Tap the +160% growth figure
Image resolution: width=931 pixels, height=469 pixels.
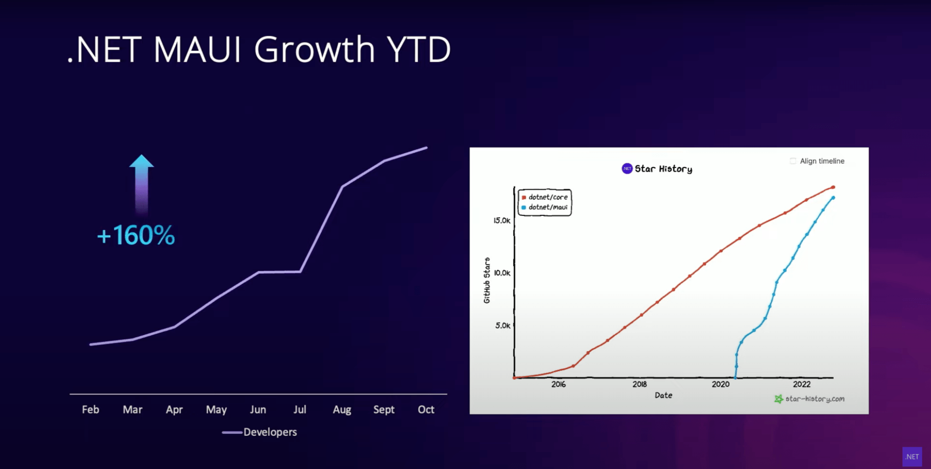click(x=136, y=235)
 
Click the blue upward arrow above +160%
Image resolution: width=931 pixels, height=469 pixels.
click(x=141, y=183)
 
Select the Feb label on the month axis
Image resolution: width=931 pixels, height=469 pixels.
click(x=90, y=409)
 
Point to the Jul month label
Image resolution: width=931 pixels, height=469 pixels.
click(x=299, y=409)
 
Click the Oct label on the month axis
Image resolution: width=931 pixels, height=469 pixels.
click(x=426, y=409)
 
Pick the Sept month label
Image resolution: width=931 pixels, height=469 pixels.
click(x=383, y=409)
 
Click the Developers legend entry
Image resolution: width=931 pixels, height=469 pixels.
click(x=269, y=432)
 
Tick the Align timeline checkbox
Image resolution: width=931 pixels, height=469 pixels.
click(x=793, y=161)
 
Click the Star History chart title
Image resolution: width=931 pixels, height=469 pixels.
click(x=663, y=169)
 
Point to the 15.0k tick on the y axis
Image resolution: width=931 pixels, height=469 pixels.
click(x=502, y=221)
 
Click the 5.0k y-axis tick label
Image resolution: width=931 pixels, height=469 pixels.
click(x=503, y=326)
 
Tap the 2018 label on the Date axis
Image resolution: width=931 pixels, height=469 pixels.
click(x=639, y=385)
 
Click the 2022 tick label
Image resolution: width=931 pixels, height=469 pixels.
click(x=801, y=385)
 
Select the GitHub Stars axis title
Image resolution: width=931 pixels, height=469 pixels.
click(x=487, y=280)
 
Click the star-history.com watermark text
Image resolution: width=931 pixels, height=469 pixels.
click(x=814, y=399)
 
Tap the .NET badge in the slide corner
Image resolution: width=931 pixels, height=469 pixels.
click(x=912, y=457)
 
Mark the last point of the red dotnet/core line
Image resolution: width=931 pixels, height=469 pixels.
click(x=833, y=188)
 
